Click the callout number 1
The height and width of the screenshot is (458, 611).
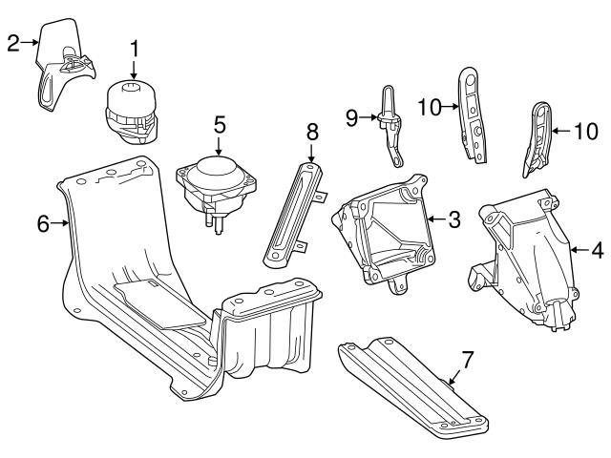click(x=135, y=46)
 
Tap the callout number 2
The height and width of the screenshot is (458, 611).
click(x=12, y=42)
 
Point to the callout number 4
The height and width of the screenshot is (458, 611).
click(x=597, y=251)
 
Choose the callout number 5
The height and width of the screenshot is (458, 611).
click(x=219, y=123)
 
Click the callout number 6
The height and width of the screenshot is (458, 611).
click(x=42, y=224)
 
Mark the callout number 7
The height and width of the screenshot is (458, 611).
click(x=467, y=360)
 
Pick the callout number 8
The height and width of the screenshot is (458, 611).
click(x=311, y=131)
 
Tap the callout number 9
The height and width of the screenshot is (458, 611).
click(x=352, y=117)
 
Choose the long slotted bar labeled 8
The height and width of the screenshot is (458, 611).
click(x=291, y=215)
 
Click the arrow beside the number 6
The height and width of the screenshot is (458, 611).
click(x=64, y=224)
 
